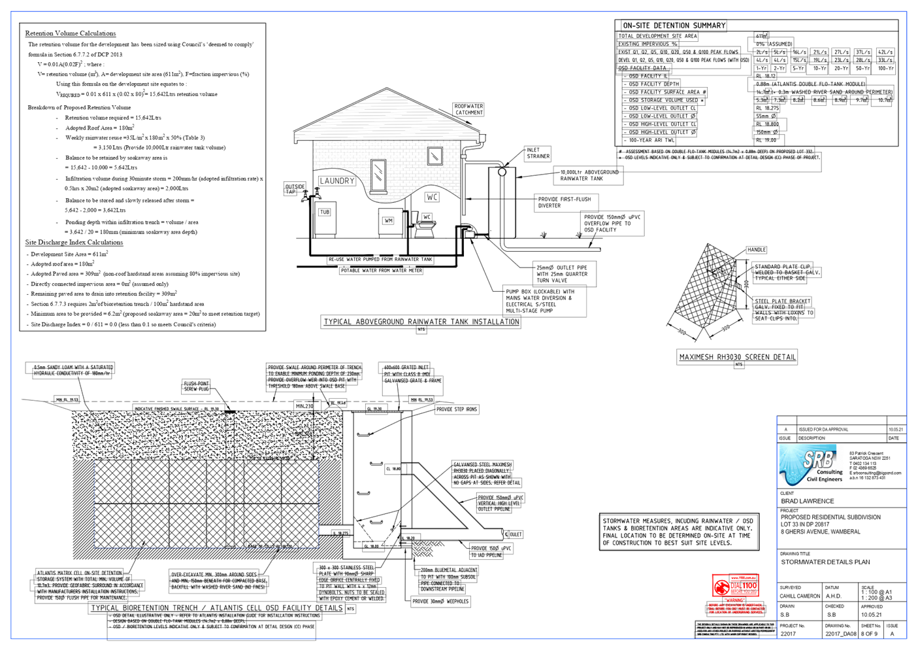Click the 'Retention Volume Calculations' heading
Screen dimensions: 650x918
[x=71, y=33]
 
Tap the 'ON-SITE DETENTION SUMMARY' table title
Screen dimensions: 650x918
[x=674, y=26]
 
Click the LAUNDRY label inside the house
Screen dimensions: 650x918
[x=337, y=180]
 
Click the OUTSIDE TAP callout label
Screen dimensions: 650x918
[x=295, y=189]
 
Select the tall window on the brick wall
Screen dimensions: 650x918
[x=378, y=174]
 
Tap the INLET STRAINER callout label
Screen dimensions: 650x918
[x=538, y=154]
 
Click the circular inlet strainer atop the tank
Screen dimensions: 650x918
[x=501, y=171]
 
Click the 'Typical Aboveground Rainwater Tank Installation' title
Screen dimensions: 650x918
[x=421, y=322]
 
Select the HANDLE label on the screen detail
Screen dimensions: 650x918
[x=756, y=250]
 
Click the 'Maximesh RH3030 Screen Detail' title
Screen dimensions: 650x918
[x=737, y=357]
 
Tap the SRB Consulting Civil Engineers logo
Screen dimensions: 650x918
[x=811, y=466]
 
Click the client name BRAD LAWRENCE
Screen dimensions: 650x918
[x=807, y=502]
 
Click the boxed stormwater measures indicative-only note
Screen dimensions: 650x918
[x=679, y=531]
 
